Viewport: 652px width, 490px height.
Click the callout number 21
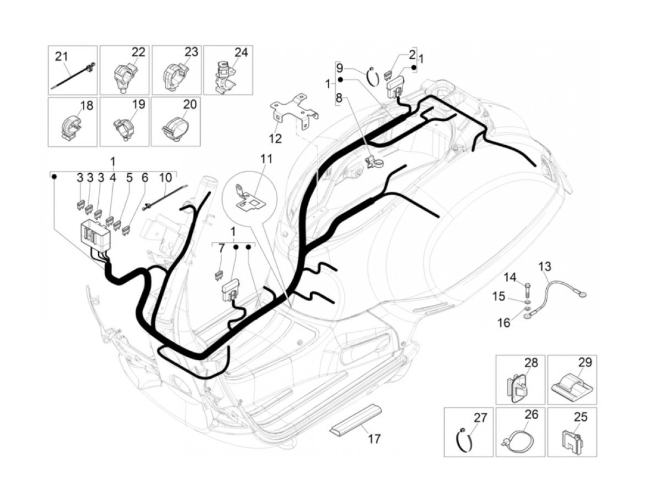[x=61, y=56]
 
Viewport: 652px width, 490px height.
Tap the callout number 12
[x=276, y=138]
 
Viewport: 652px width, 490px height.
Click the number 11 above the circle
[x=266, y=159]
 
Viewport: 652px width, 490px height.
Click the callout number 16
[x=504, y=322]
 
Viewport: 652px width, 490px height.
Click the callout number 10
[x=165, y=177]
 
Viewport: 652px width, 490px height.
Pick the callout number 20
[x=190, y=104]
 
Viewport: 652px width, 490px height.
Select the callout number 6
[x=144, y=177]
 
